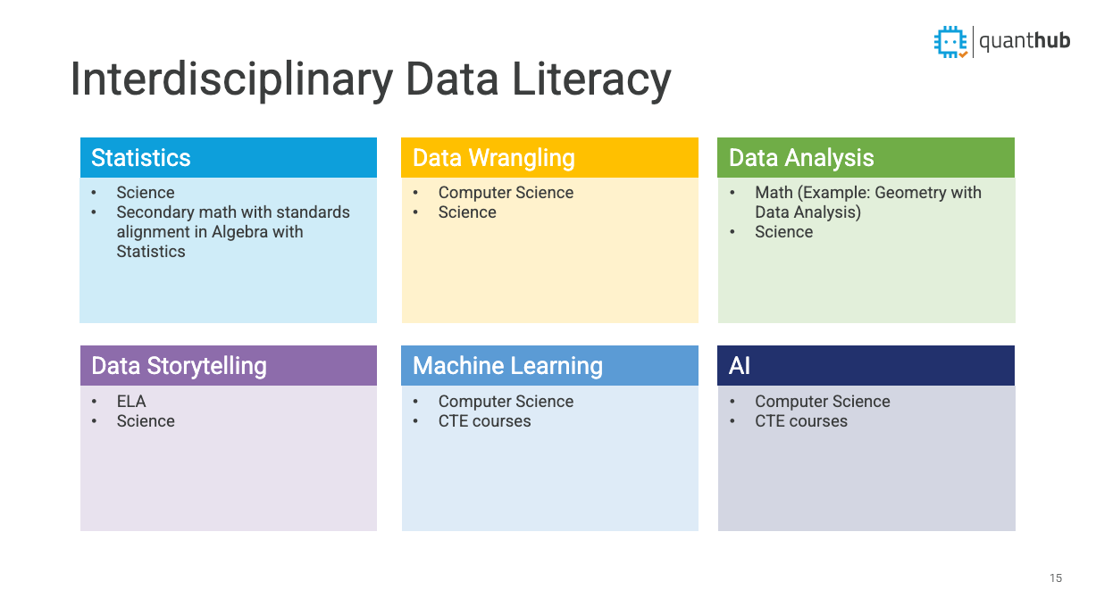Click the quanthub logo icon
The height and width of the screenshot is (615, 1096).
click(950, 41)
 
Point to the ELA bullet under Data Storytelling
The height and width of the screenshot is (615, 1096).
click(131, 402)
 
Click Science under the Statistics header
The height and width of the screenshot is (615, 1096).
click(146, 193)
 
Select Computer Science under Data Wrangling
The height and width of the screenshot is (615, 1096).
click(506, 193)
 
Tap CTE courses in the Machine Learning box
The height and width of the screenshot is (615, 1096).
click(484, 421)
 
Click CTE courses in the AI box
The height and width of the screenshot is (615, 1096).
click(801, 421)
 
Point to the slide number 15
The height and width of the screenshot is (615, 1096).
click(1056, 578)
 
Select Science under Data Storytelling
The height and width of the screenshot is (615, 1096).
click(146, 421)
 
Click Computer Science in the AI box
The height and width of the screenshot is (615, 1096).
click(822, 402)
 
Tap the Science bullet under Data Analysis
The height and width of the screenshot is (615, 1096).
click(783, 232)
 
